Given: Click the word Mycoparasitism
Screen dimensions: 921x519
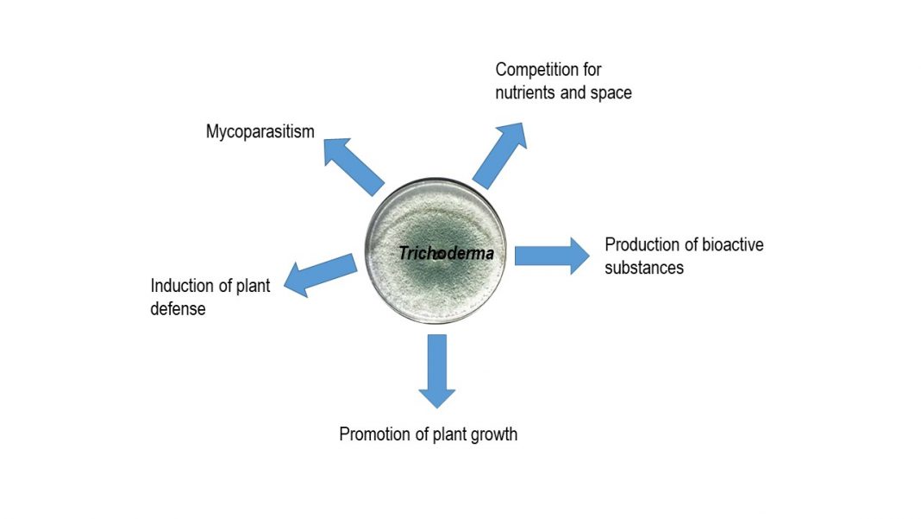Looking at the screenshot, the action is pos(260,132).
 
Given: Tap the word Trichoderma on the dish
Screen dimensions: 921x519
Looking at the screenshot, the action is pos(447,253).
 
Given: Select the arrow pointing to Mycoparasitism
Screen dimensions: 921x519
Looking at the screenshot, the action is pos(354,167).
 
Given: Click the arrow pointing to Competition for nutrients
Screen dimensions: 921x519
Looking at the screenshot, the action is pos(500,155).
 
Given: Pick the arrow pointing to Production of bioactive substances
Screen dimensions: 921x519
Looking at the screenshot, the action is pos(552,256).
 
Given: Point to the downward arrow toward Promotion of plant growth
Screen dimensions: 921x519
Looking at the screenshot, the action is pos(437,371).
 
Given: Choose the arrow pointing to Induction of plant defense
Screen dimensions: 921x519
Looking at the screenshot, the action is pos(321,275).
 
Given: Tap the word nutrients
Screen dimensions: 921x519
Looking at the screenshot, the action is pos(523,93).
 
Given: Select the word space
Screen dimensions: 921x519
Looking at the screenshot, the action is pos(611,93).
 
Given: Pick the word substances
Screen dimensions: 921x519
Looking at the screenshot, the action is pos(644,269).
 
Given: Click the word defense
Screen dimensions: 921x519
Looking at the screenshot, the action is pos(178,309).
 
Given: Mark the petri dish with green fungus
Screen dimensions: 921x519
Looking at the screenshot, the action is pos(435,251).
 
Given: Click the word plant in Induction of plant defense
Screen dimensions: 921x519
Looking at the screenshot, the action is pos(254,287).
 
